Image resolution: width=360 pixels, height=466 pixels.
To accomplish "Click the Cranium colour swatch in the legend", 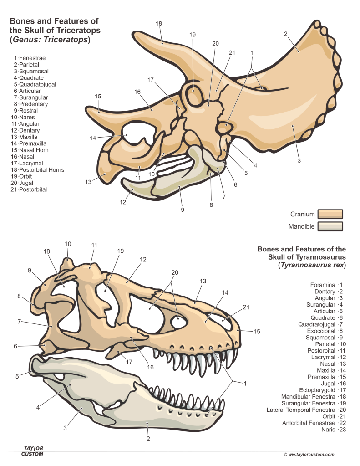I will [330, 214].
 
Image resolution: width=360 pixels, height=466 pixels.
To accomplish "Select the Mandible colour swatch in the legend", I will [330, 226].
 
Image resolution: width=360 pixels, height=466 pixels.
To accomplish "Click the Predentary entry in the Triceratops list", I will [33, 104].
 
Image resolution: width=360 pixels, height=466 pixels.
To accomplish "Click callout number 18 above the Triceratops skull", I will [159, 24].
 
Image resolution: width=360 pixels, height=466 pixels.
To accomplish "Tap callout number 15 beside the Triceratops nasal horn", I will [98, 96].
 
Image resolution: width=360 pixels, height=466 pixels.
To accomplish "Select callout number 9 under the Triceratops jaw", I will [183, 210].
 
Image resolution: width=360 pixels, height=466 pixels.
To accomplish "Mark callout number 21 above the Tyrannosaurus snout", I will [246, 307].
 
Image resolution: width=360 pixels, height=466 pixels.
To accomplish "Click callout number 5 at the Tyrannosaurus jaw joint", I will [18, 376].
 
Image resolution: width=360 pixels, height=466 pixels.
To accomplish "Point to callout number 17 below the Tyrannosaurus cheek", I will [130, 362].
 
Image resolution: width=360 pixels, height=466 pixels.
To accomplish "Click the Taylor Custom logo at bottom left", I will [33, 451].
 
